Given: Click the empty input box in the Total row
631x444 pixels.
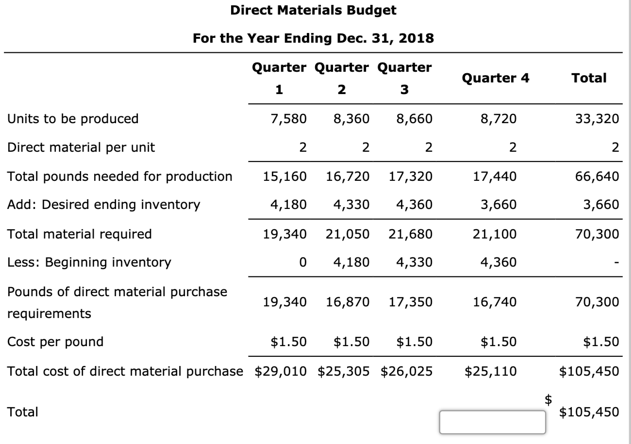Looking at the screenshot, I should (492, 421).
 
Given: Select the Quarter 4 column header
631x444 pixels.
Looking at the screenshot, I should (496, 78).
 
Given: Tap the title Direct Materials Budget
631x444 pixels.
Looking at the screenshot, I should (313, 10).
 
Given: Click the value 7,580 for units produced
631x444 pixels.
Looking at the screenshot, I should (289, 118).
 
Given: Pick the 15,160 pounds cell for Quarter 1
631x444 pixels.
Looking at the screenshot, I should (285, 176).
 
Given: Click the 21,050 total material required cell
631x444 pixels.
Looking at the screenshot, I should (347, 234).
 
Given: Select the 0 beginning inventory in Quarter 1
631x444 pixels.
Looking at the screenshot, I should (303, 263).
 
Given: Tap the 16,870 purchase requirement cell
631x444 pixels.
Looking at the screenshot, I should (347, 302).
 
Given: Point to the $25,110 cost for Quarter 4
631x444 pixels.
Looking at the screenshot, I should (491, 372).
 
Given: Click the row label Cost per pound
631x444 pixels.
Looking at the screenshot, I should (56, 342).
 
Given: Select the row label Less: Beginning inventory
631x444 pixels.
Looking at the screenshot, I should (89, 263).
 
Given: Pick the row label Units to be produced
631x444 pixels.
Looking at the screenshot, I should (73, 118).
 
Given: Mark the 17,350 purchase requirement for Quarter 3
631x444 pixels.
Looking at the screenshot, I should (410, 302).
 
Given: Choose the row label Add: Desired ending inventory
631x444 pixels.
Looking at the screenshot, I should (104, 205).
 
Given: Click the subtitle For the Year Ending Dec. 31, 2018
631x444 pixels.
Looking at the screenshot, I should (313, 38).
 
